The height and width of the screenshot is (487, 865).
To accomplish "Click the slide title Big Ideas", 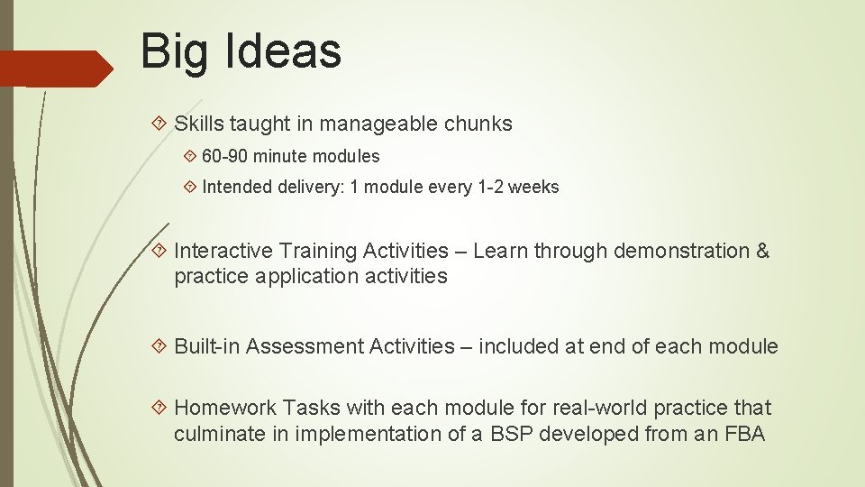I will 241,51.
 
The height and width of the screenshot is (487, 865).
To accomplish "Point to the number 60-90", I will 225,156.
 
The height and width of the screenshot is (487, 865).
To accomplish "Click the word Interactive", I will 220,251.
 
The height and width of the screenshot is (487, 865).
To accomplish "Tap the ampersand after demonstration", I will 762,251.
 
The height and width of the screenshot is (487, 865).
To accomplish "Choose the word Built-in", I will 206,346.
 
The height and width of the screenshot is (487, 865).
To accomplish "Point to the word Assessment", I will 305,346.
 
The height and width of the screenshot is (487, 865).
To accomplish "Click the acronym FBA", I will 744,434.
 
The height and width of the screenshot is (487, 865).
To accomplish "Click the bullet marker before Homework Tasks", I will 159,409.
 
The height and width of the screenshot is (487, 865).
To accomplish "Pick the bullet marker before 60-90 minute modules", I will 188,156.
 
